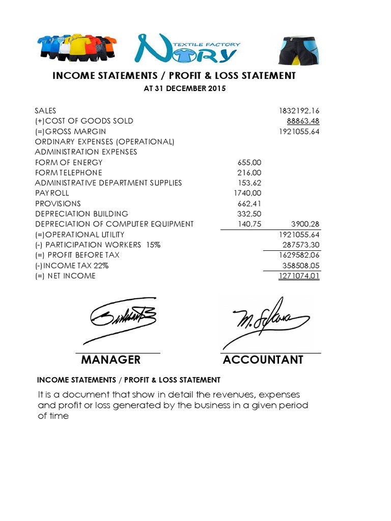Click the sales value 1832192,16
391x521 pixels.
click(299, 110)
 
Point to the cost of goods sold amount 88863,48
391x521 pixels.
click(303, 121)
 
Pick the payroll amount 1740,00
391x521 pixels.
click(247, 193)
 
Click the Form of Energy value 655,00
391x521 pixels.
click(249, 162)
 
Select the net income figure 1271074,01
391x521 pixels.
click(299, 276)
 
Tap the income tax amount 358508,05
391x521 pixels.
click(301, 266)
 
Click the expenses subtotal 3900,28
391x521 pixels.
click(304, 224)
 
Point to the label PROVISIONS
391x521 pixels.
click(58, 204)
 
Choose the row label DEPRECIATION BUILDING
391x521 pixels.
click(81, 214)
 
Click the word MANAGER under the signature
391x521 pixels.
click(110, 360)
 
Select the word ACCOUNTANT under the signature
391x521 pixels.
click(263, 360)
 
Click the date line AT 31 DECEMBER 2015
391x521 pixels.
click(185, 89)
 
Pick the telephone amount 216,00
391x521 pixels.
click(249, 172)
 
